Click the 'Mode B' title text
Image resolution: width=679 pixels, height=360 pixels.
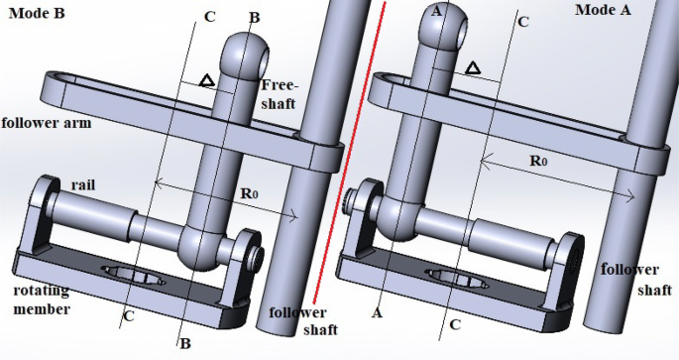[37, 14]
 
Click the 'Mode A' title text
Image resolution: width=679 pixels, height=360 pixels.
[603, 10]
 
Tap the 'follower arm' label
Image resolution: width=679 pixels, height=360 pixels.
[47, 123]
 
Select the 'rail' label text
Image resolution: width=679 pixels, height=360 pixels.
[82, 185]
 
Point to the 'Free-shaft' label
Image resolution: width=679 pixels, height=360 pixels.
[280, 94]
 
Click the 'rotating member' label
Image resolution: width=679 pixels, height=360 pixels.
[42, 300]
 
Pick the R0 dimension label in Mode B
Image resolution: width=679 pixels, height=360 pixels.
[250, 193]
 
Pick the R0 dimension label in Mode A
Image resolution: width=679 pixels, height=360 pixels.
[538, 161]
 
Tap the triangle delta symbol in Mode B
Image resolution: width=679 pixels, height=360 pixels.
[207, 80]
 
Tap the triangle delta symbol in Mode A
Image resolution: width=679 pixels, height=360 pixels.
[473, 68]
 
